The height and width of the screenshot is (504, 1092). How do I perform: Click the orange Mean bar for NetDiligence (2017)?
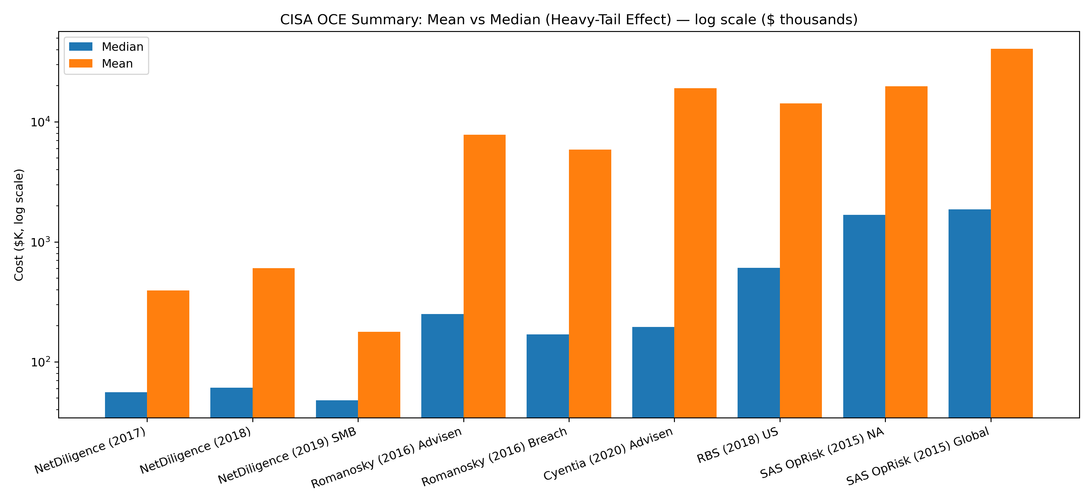pos(168,354)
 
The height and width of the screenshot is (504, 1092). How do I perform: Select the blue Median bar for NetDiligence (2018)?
pos(231,403)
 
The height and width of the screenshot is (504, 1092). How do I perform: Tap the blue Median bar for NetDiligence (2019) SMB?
pos(337,409)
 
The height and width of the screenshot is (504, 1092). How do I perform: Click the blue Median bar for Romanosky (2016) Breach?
pos(547,376)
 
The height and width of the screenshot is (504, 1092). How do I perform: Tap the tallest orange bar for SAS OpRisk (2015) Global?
pos(1012,233)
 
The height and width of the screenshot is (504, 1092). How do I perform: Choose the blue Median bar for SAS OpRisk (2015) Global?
pos(970,314)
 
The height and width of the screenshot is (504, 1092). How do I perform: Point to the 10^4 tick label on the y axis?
pos(40,122)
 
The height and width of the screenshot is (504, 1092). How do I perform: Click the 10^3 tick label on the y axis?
pos(40,242)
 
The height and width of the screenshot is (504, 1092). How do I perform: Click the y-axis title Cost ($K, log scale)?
pos(19,225)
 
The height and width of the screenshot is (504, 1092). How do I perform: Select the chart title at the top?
pos(569,19)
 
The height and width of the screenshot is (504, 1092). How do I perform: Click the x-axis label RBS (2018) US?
pos(738,445)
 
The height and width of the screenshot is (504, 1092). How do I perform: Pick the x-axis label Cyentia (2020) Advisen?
pos(608,454)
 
